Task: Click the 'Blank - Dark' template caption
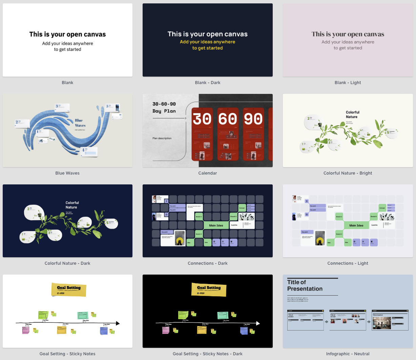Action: coord(207,83)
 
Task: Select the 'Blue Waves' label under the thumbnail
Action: coord(67,173)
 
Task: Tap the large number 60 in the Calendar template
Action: coord(228,119)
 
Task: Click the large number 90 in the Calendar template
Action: coord(253,119)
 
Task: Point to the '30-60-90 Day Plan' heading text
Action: coord(164,107)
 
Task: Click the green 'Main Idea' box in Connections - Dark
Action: coord(216,225)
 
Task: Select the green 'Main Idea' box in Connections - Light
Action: coord(356,225)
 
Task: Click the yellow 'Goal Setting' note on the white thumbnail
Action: coord(69,289)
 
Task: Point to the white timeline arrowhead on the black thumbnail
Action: coord(258,323)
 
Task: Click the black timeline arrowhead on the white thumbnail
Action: coord(118,323)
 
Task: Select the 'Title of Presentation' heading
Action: coord(305,285)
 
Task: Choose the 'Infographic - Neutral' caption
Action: coord(348,354)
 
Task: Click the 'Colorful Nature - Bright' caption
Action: coord(348,173)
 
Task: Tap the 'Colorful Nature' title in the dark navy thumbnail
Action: coord(72,205)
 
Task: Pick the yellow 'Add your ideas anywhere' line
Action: coord(207,42)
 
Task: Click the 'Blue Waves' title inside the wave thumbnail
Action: coord(80,123)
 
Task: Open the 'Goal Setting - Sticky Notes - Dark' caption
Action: coord(207,354)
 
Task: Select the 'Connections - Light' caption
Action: coord(348,263)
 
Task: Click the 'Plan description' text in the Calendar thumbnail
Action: coord(162,138)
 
